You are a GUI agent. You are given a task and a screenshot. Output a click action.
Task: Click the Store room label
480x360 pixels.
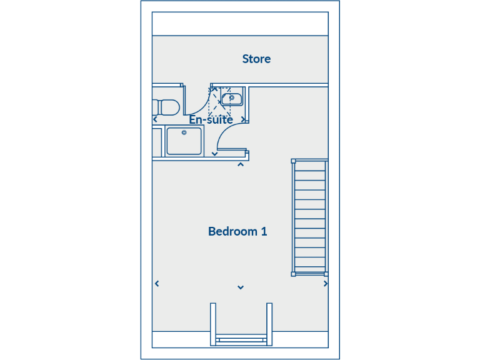tap(256, 59)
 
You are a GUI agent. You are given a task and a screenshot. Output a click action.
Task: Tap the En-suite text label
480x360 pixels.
tap(211, 119)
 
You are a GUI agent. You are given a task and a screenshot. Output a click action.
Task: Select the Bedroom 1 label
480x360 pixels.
tap(237, 232)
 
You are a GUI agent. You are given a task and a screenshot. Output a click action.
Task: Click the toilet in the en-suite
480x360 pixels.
tap(167, 107)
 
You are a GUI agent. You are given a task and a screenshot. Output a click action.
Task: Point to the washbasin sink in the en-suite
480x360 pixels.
tap(232, 98)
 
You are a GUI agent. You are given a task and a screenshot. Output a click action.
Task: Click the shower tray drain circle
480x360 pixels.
tap(184, 132)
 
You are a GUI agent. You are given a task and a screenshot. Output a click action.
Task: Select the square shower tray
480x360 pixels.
tap(184, 141)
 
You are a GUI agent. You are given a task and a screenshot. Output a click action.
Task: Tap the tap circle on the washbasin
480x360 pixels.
tap(232, 97)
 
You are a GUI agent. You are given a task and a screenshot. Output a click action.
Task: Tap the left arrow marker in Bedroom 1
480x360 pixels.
tap(157, 284)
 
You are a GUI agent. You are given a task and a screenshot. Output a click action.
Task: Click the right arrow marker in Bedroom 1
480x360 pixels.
tap(325, 284)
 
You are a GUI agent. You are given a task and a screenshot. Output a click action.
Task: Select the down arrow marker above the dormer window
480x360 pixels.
tap(241, 287)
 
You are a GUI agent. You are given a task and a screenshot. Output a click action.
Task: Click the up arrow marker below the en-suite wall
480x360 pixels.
tap(241, 165)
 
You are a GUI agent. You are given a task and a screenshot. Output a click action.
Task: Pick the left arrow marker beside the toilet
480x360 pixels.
tap(155, 120)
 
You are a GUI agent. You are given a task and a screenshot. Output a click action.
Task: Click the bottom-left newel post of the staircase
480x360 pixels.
tap(293, 273)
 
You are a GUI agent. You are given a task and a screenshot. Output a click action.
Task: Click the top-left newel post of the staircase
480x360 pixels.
tap(293, 161)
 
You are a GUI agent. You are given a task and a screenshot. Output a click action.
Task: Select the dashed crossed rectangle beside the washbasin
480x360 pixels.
tap(219, 102)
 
